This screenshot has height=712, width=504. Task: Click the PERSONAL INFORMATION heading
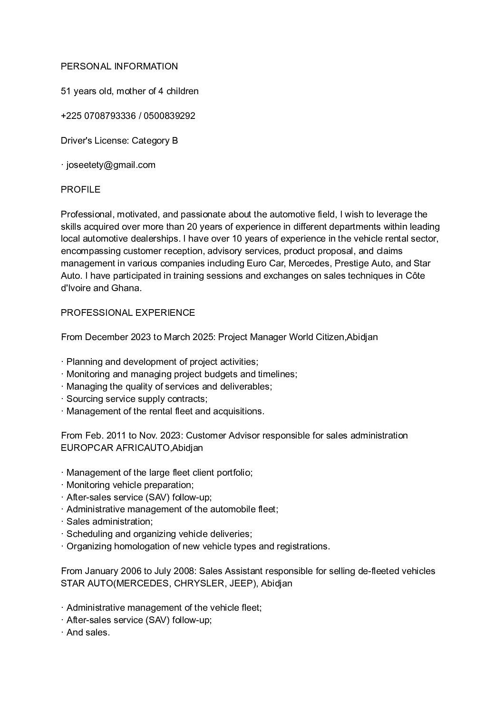coord(119,66)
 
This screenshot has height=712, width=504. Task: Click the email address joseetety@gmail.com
coord(111,165)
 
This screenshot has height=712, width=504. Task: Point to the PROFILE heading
coord(80,189)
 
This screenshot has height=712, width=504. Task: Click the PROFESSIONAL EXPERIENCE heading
coord(128,312)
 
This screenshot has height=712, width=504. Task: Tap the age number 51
coord(66,91)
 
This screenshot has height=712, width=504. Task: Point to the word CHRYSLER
coord(199,583)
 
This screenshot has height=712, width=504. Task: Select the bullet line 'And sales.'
coord(88,632)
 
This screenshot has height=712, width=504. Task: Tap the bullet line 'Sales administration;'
coord(109,521)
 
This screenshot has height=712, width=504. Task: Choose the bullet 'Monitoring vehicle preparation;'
coord(130,485)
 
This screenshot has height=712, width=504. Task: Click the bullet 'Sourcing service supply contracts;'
coord(137,399)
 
